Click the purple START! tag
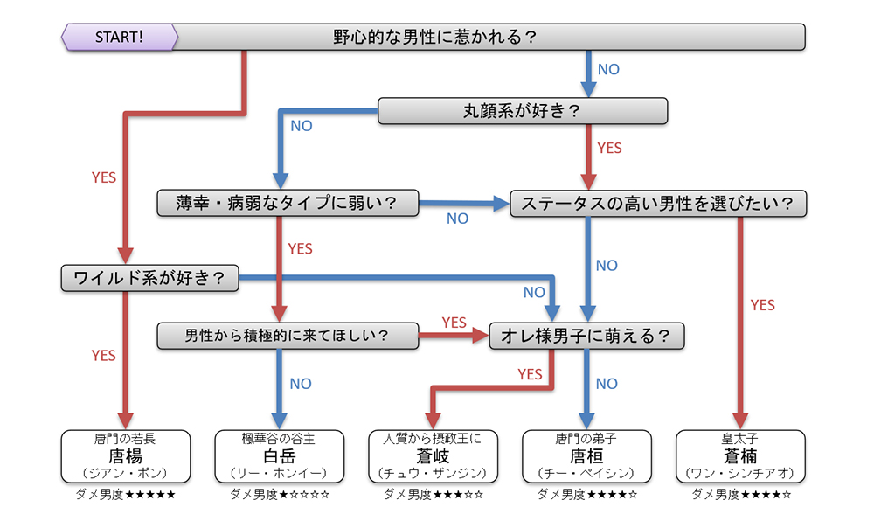pyautogui.click(x=119, y=38)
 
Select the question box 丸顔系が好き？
pyautogui.click(x=522, y=111)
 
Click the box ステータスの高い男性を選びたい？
pyautogui.click(x=656, y=204)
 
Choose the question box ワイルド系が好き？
pyautogui.click(x=150, y=279)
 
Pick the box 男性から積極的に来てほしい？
pyautogui.click(x=288, y=335)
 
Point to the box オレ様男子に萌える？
pyautogui.click(x=586, y=335)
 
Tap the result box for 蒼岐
pyautogui.click(x=433, y=455)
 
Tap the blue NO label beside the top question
pyautogui.click(x=608, y=69)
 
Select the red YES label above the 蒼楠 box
pyautogui.click(x=763, y=305)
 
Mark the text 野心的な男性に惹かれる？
pyautogui.click(x=434, y=38)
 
